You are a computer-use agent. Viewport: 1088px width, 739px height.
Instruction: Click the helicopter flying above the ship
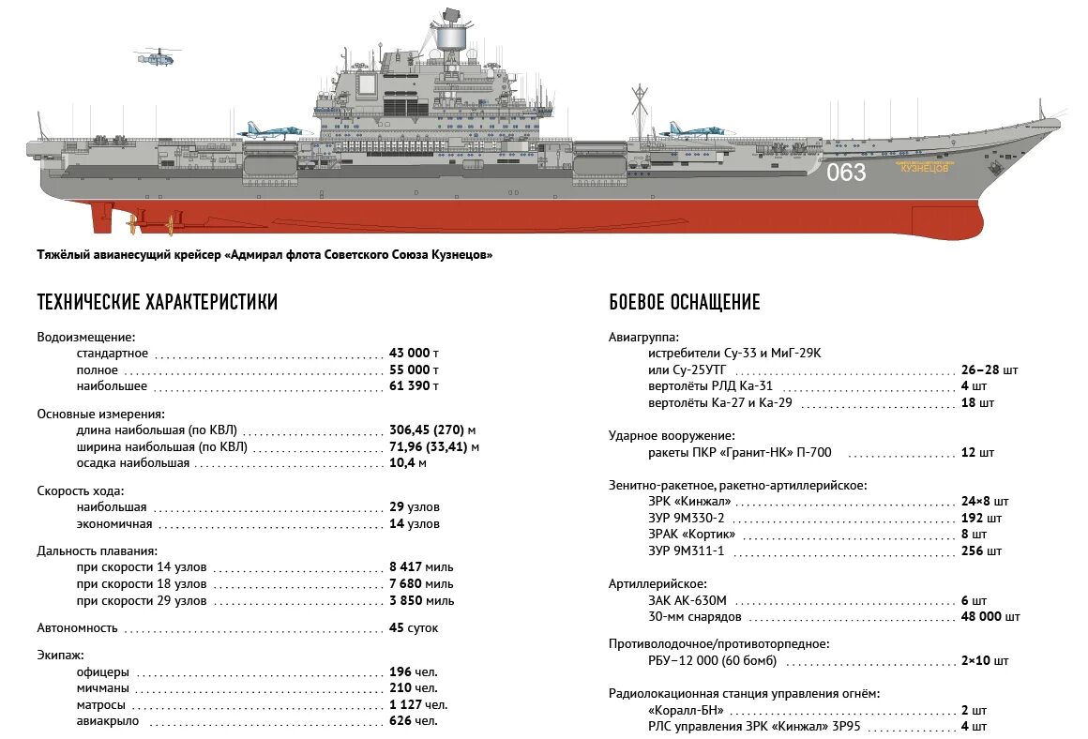tap(153, 57)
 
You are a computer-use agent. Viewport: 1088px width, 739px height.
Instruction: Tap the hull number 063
tap(846, 173)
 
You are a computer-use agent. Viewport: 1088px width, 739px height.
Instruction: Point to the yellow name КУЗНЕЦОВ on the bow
tap(924, 169)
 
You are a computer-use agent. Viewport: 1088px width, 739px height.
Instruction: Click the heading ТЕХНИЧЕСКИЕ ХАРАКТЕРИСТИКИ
tap(157, 302)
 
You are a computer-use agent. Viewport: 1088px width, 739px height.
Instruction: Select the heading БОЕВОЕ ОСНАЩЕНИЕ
tap(684, 302)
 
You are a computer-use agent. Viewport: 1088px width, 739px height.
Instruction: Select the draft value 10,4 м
tap(408, 462)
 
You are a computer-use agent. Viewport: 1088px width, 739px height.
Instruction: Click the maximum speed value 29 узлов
tap(414, 507)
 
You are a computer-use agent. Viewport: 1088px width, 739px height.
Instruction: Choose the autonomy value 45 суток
tap(414, 628)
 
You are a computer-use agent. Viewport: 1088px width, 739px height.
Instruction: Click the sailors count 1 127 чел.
tap(417, 704)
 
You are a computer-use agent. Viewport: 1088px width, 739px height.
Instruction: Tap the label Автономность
tap(77, 628)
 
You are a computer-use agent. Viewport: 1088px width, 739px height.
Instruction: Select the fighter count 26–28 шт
tap(989, 369)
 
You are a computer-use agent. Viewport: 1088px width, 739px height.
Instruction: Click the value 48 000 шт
tap(990, 616)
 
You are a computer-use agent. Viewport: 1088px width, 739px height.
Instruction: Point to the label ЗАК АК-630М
tap(687, 600)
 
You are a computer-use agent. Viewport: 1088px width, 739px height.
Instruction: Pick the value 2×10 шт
tap(985, 661)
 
